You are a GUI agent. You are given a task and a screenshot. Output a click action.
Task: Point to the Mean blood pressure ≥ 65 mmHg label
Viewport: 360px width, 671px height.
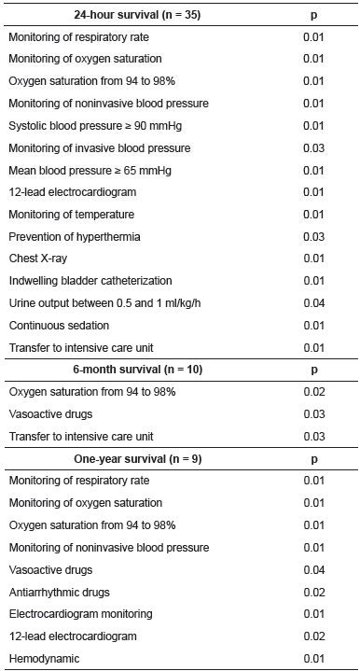coord(77,170)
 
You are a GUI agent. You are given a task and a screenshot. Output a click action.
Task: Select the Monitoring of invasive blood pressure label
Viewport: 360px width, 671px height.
coord(99,147)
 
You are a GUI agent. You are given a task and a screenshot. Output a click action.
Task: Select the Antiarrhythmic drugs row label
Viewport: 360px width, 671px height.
coord(60,592)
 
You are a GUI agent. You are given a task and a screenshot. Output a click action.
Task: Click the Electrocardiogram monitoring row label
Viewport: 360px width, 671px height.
coord(81,614)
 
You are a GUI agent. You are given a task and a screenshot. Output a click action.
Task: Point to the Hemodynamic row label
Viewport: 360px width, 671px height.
coord(43,658)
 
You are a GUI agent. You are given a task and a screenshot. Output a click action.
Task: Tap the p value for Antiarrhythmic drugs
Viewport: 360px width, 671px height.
coord(313,592)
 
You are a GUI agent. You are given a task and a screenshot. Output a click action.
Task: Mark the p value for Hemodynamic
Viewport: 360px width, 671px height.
coord(313,658)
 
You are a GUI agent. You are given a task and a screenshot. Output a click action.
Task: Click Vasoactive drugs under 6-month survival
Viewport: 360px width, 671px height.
coord(50,413)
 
